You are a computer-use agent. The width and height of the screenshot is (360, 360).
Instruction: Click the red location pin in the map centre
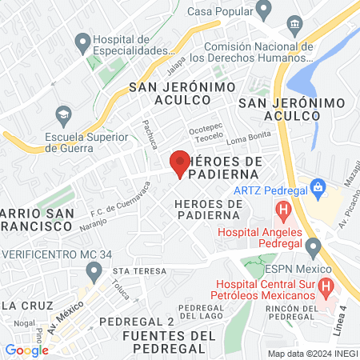[x=180, y=163]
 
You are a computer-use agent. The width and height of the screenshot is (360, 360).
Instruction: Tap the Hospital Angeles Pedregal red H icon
[x=282, y=212]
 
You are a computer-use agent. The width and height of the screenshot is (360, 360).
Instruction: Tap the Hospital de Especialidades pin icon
[x=81, y=40]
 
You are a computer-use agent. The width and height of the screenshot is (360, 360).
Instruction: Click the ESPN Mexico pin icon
[x=313, y=246]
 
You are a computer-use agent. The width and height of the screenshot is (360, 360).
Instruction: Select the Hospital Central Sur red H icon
[x=326, y=286]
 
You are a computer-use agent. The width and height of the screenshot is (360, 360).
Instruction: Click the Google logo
[x=26, y=350]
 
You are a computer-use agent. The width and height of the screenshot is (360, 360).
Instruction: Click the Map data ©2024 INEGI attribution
[x=312, y=354]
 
